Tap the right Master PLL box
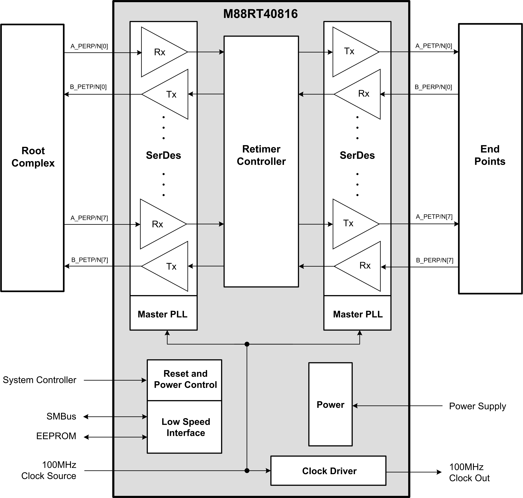358,314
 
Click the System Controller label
40,380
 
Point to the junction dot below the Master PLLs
247,344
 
